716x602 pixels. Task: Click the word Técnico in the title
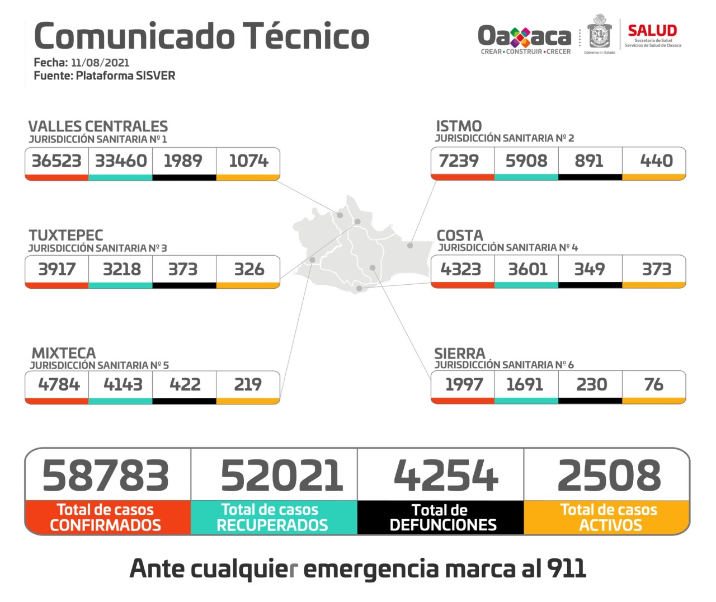(305, 36)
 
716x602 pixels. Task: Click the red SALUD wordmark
(652, 31)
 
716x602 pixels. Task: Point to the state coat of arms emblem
(599, 34)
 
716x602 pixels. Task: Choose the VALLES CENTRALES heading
(98, 126)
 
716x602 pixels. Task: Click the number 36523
(56, 161)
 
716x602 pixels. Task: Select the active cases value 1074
(248, 161)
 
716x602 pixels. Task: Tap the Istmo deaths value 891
(589, 161)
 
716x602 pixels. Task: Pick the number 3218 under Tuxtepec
(121, 270)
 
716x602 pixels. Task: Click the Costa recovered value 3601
(527, 270)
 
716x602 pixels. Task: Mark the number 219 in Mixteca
(248, 384)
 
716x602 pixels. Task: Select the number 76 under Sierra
(653, 384)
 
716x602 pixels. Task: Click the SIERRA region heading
(459, 354)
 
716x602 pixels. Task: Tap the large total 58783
(106, 476)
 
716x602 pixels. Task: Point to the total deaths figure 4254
(445, 476)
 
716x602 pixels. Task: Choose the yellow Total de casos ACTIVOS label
(609, 518)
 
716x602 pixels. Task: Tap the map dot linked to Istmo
(410, 246)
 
